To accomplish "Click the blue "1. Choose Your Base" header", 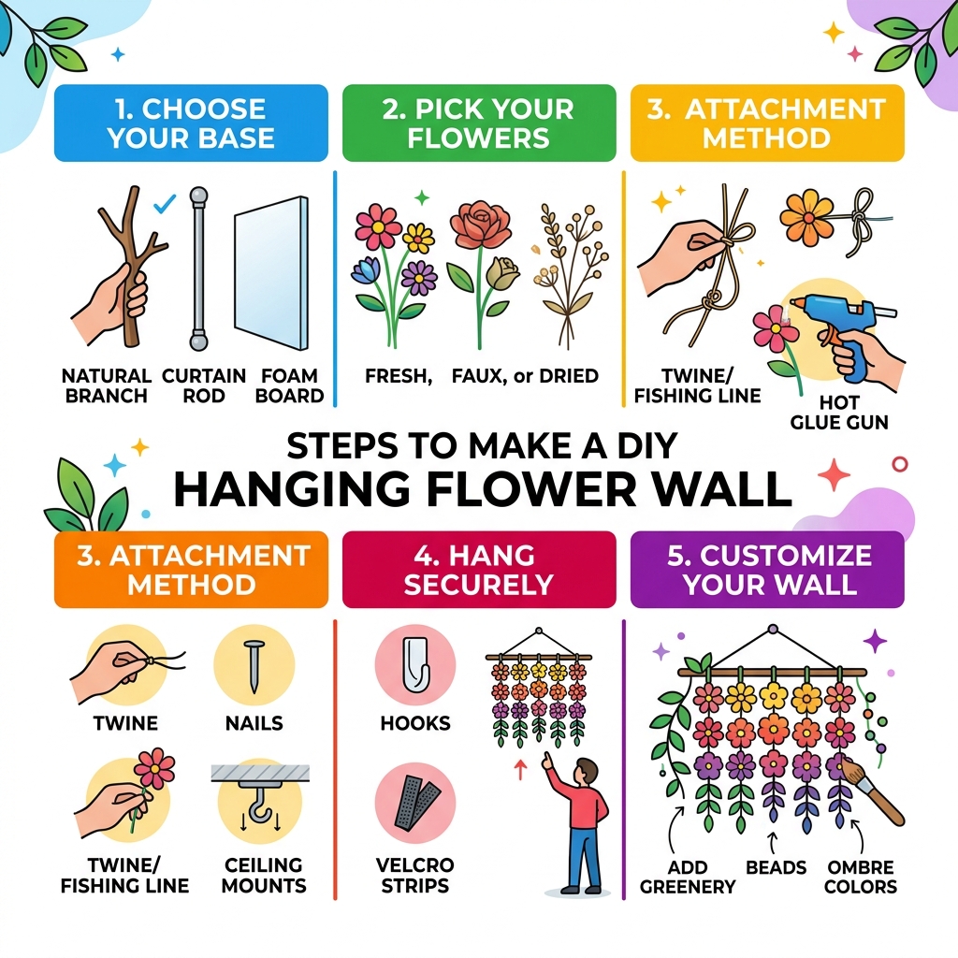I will tap(191, 123).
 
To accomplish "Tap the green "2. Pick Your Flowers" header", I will tap(479, 123).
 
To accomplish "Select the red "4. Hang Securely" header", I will tap(479, 570).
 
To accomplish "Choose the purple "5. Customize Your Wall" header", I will tap(767, 570).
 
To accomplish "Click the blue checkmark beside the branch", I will tap(165, 201).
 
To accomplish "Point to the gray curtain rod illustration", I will tap(197, 268).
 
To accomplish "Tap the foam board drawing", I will tap(270, 272).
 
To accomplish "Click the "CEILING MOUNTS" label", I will tap(264, 874).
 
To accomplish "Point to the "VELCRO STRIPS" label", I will tap(415, 874).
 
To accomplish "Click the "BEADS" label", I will tap(776, 867).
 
